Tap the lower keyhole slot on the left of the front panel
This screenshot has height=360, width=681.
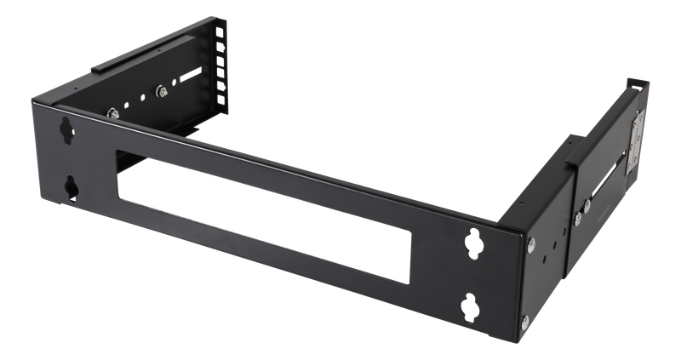tap(67, 186)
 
